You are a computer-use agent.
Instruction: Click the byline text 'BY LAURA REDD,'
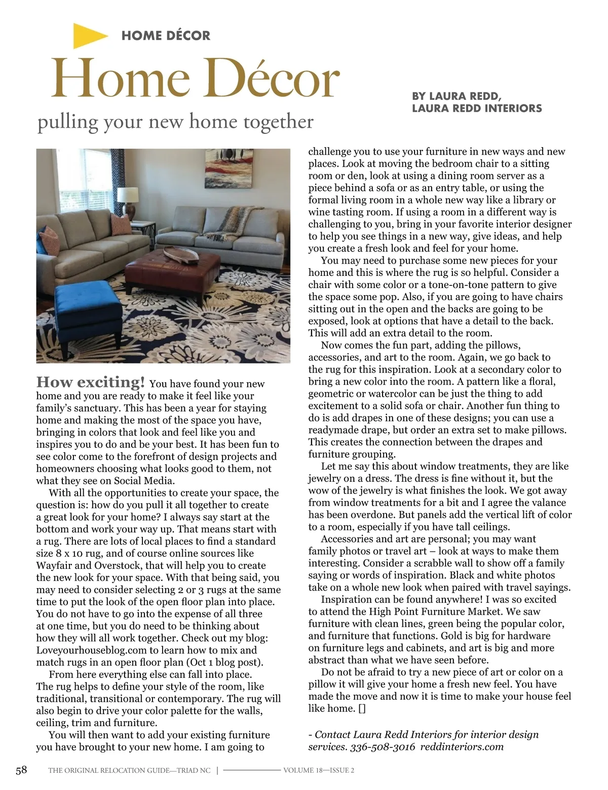[457, 96]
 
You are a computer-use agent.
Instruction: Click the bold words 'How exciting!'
[91, 382]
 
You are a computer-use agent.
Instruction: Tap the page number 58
[21, 770]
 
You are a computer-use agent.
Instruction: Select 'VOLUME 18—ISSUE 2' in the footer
[319, 770]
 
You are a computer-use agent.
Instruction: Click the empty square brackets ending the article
[361, 709]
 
